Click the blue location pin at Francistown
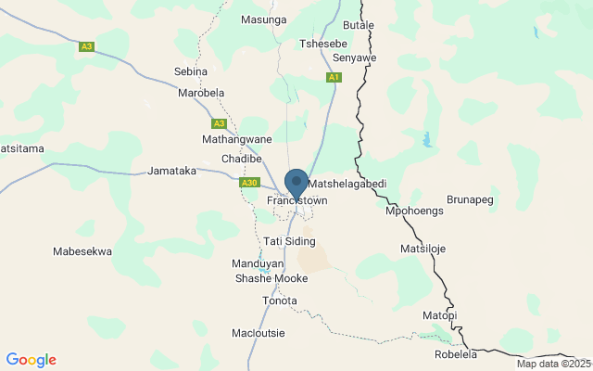(296, 183)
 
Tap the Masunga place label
(264, 19)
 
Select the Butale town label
(359, 25)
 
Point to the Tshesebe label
(323, 43)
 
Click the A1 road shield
(334, 79)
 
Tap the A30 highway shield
(248, 183)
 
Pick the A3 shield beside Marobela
(219, 123)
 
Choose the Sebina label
(191, 70)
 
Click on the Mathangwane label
(237, 139)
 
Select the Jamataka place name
(172, 172)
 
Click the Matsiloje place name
(423, 249)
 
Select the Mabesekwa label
(82, 251)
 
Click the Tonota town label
(280, 301)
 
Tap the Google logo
(31, 360)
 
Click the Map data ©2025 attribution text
(552, 364)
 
